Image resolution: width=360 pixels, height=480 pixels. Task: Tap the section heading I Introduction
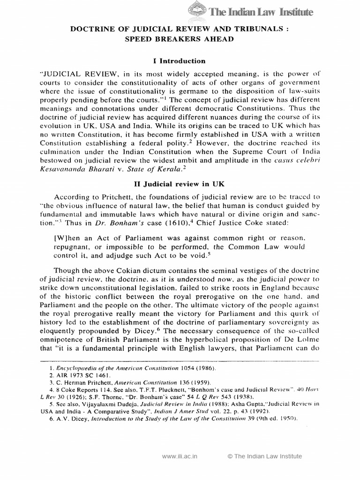pos(180,61)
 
